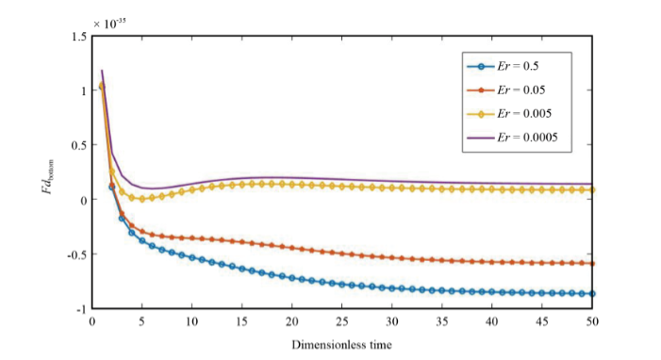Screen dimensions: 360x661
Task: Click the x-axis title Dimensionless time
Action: click(340, 344)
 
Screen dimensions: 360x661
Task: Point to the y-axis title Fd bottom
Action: click(48, 172)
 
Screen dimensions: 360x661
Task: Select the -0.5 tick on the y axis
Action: click(75, 254)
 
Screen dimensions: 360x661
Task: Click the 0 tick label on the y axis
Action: click(83, 200)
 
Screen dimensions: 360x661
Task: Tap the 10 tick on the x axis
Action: click(191, 321)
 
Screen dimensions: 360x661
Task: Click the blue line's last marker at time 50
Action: click(592, 294)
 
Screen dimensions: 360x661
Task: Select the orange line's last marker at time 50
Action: click(592, 264)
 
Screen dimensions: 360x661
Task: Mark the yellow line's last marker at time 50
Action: click(592, 189)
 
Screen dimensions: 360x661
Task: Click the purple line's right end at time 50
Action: click(592, 184)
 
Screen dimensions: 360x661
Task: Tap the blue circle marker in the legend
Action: click(481, 66)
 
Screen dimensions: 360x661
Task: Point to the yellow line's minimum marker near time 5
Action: click(141, 199)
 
